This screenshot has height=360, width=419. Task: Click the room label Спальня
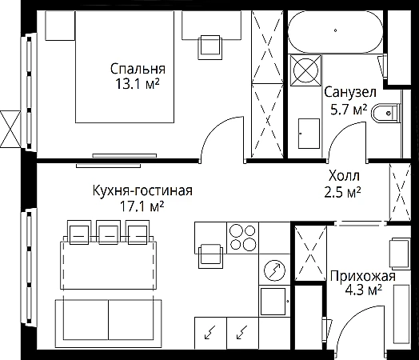(x=138, y=70)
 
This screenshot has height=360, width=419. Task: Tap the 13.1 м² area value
(x=137, y=84)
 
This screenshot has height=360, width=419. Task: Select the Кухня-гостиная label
(x=142, y=190)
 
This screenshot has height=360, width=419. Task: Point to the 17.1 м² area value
(x=142, y=206)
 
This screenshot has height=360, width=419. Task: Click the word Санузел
(x=350, y=92)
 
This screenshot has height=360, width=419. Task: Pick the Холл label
(x=344, y=176)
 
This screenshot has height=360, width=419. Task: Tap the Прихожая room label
(x=362, y=276)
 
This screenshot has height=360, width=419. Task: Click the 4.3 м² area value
(x=363, y=290)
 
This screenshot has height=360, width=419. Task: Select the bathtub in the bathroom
(x=335, y=31)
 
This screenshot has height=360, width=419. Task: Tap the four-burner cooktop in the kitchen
(x=242, y=238)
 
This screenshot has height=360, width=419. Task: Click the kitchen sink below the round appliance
(x=274, y=301)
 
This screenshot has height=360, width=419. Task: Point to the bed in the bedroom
(x=125, y=67)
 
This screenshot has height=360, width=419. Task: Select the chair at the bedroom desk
(x=210, y=47)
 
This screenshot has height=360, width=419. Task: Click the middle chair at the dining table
(x=108, y=232)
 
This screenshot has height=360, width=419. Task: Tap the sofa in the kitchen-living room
(x=109, y=323)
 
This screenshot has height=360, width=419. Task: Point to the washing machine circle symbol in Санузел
(x=305, y=70)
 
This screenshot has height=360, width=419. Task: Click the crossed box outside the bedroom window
(x=10, y=129)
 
